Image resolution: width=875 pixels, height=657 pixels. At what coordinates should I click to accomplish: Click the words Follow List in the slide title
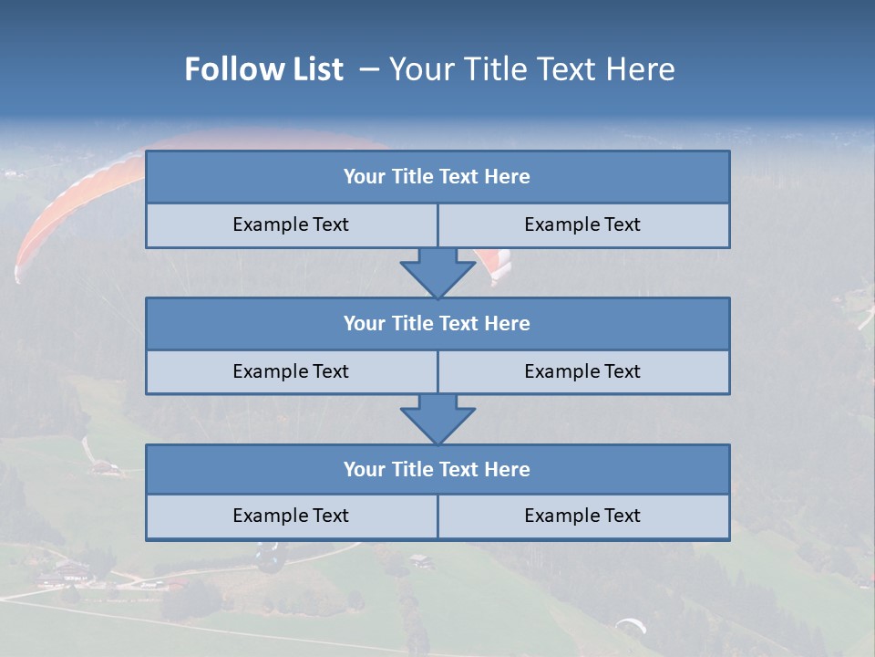[263, 69]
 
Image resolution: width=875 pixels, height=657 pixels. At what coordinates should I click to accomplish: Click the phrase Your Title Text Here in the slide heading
[532, 69]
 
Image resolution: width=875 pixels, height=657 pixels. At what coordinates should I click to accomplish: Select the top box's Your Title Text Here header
[437, 177]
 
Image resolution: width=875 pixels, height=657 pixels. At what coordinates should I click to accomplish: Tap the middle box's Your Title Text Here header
[437, 323]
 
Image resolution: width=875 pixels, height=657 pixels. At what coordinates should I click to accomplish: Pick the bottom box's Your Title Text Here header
[437, 469]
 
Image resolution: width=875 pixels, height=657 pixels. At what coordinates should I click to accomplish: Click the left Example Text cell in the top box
[291, 224]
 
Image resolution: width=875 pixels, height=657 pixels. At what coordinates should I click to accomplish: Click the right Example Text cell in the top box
[582, 224]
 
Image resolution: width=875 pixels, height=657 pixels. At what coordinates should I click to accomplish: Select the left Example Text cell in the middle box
[291, 371]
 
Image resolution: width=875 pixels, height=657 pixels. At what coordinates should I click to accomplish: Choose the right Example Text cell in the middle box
[582, 371]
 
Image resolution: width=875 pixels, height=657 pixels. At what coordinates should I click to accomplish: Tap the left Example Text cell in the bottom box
[291, 516]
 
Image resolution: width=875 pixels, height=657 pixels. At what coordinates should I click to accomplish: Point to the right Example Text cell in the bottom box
[582, 516]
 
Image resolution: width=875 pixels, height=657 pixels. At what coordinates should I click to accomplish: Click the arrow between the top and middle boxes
[437, 273]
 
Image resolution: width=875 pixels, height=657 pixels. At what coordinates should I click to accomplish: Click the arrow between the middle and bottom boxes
[437, 419]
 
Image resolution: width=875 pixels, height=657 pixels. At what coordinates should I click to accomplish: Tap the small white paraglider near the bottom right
[631, 625]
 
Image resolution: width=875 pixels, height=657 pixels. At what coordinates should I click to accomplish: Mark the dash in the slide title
[369, 69]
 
